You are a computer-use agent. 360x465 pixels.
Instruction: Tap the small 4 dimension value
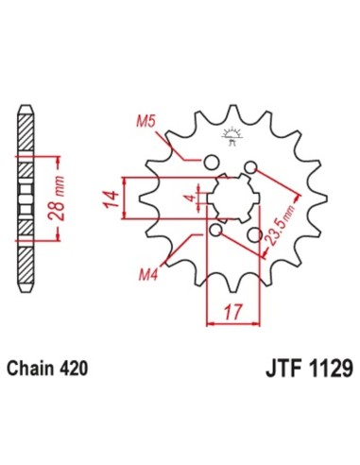click(190, 198)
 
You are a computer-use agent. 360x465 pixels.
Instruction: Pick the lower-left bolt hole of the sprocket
click(216, 230)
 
